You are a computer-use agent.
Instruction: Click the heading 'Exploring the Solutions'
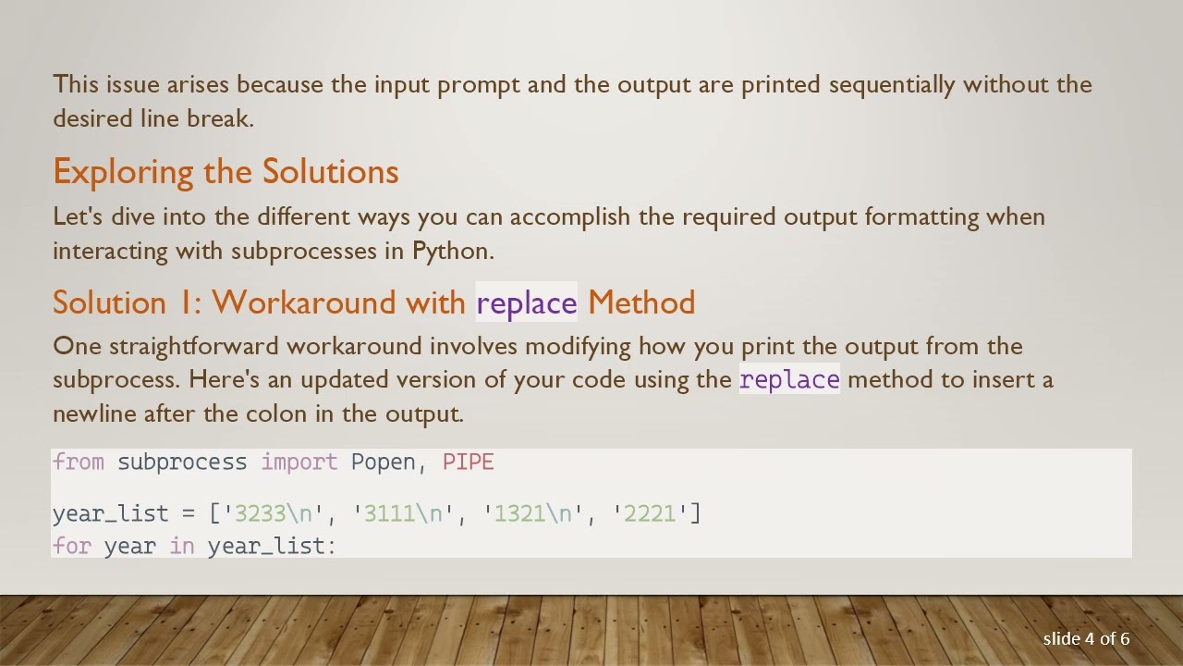[x=226, y=172]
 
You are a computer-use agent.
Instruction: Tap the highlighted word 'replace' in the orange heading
[x=526, y=302]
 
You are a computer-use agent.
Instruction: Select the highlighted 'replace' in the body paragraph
[x=789, y=380]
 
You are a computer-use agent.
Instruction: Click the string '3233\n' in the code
[x=274, y=513]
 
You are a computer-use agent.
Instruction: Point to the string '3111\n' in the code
[x=403, y=513]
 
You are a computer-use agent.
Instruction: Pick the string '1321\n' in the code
[x=532, y=513]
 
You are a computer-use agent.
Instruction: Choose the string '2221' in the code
[x=650, y=513]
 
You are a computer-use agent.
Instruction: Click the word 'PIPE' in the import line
[x=468, y=462]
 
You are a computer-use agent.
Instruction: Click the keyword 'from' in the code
[x=78, y=462]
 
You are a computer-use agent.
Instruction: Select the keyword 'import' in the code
[x=299, y=462]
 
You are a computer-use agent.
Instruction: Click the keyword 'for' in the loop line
[x=71, y=546]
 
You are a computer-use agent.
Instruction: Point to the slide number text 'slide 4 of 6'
[x=1086, y=639]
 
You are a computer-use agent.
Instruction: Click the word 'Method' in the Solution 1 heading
[x=641, y=302]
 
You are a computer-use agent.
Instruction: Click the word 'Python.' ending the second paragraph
[x=453, y=251]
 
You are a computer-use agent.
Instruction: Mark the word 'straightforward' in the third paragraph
[x=193, y=347]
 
